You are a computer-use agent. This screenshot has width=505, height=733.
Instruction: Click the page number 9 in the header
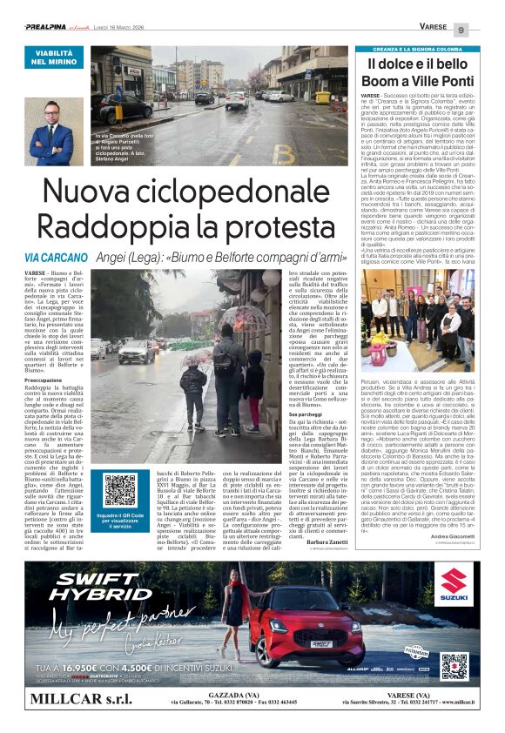click(x=461, y=30)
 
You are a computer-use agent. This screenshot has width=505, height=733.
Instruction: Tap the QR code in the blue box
click(x=120, y=490)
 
